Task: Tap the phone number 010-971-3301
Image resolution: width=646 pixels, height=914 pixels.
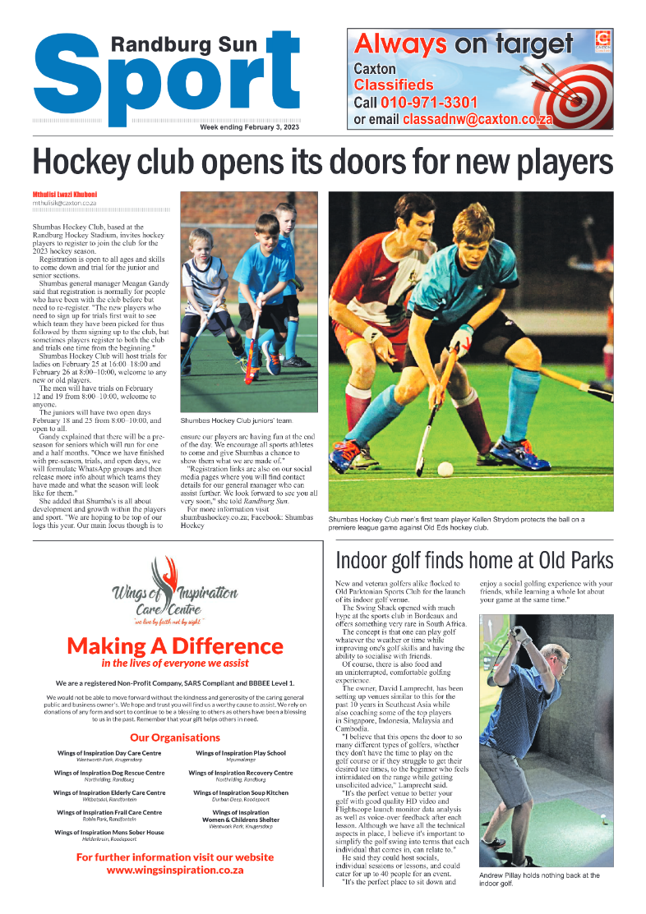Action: (x=428, y=103)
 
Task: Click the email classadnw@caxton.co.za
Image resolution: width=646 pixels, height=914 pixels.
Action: (x=477, y=119)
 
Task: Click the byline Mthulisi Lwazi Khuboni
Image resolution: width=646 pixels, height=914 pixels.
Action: (x=65, y=195)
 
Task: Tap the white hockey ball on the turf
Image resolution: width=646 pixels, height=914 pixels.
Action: (x=445, y=469)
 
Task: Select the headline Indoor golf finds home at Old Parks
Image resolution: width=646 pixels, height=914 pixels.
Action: (x=474, y=560)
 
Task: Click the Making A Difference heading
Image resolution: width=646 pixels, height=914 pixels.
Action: (x=174, y=645)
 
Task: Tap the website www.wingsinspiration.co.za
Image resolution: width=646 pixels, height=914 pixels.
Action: (x=174, y=870)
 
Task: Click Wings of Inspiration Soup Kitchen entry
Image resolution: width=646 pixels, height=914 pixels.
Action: (x=241, y=792)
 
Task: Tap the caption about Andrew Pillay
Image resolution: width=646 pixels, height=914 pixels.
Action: (x=538, y=880)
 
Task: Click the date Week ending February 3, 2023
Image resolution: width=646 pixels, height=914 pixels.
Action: (x=250, y=127)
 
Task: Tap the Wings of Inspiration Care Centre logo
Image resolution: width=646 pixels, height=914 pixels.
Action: (x=175, y=590)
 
